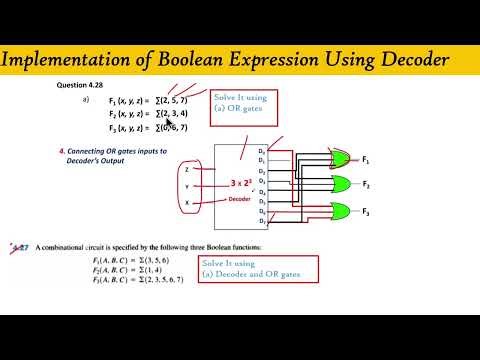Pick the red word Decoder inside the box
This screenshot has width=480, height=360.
coord(240,198)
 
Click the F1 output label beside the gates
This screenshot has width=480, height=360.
coord(366,160)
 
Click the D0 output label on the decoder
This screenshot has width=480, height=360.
coord(262,149)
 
